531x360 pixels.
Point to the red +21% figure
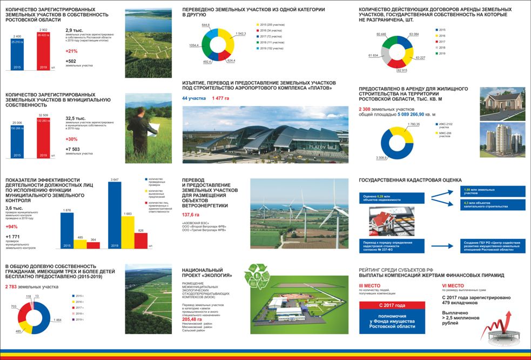click(72, 50)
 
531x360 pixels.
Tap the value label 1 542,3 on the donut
click(241, 34)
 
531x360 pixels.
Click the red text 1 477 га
click(221, 98)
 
